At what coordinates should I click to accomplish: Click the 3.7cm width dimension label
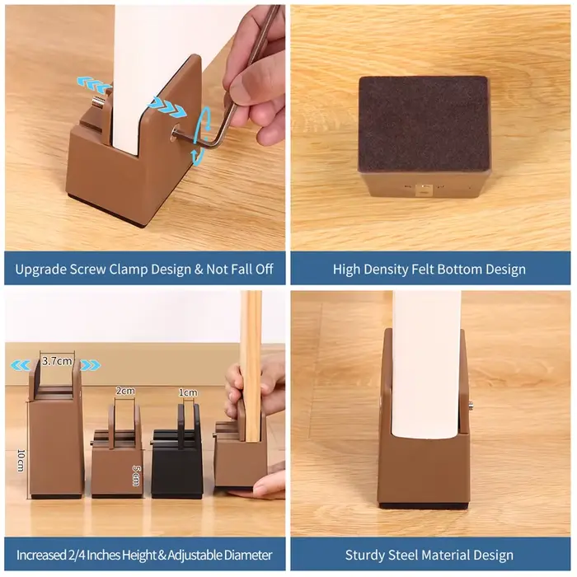[x=57, y=361]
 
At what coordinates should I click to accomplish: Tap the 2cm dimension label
[x=125, y=391]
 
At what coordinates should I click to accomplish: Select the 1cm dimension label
[x=188, y=392]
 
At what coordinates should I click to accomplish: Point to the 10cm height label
[x=21, y=460]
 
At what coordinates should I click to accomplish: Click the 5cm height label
[x=136, y=476]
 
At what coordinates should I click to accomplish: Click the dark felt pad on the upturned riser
[x=424, y=124]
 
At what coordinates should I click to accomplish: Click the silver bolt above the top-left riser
[x=98, y=101]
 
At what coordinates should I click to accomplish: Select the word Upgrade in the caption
[x=40, y=270]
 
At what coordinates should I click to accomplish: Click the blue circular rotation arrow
[x=201, y=135]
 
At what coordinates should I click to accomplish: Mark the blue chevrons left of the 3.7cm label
[x=21, y=365]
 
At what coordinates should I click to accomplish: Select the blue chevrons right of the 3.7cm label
[x=90, y=365]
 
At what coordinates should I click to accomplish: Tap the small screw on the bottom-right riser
[x=471, y=406]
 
